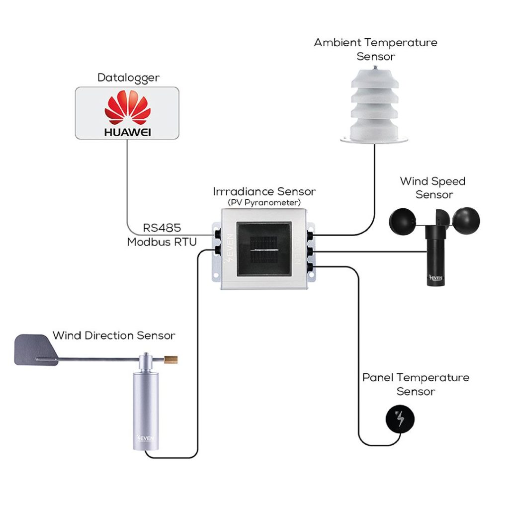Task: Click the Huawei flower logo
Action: pos(127,109)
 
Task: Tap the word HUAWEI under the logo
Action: pos(127,132)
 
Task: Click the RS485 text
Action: pos(162,228)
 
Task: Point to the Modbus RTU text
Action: pos(162,242)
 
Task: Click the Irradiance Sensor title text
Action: pos(264,191)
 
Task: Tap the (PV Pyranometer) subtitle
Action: pos(264,202)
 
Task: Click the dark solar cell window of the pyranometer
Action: pos(263,249)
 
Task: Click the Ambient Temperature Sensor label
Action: pos(375,49)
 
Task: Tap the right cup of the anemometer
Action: pos(466,221)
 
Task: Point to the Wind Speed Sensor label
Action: pos(432,187)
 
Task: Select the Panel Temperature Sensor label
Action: pos(416,384)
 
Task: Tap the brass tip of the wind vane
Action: pos(172,358)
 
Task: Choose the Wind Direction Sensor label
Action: pos(114,336)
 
